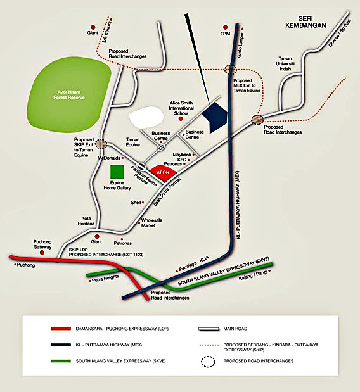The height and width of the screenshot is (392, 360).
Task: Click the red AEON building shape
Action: pos(164,173)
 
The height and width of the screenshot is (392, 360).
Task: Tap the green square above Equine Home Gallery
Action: pos(117,172)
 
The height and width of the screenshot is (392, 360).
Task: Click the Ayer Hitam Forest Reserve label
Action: pos(69,95)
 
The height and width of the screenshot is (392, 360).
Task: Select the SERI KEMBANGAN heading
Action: pos(305,22)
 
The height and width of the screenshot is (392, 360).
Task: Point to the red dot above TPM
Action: pos(225,27)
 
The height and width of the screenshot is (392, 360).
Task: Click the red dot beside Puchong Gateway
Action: pos(42,253)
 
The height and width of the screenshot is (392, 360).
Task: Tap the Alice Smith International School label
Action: pos(181,108)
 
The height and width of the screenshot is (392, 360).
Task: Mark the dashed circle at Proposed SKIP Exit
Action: pos(101,144)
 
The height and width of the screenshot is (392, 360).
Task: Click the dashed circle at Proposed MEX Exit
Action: pos(230,70)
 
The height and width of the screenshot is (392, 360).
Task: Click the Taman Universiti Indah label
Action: pos(285,63)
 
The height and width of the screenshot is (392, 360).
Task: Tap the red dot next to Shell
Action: pos(143,202)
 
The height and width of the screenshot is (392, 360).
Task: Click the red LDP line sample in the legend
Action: pos(61,329)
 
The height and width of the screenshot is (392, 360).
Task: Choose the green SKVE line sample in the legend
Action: pos(61,361)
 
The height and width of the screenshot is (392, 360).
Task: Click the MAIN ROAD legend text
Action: pos(235,329)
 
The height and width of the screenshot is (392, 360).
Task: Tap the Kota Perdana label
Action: pos(86,221)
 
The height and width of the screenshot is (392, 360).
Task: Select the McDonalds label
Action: pos(109,158)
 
